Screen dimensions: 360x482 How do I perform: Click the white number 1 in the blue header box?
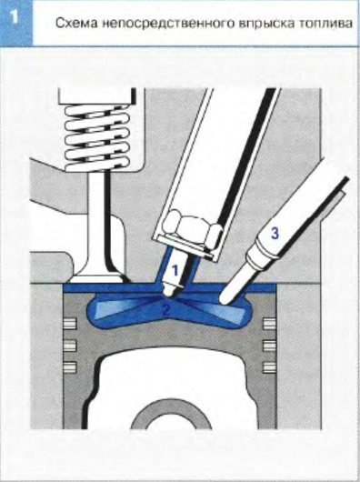coord(15,17)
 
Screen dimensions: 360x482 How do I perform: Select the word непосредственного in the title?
coord(166,25)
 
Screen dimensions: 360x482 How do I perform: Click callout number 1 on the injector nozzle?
coord(175,270)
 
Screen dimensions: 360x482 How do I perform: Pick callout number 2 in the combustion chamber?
coord(165,309)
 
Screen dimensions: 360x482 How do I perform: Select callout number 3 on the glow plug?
coord(275,233)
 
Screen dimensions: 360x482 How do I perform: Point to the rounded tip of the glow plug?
coord(225,300)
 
